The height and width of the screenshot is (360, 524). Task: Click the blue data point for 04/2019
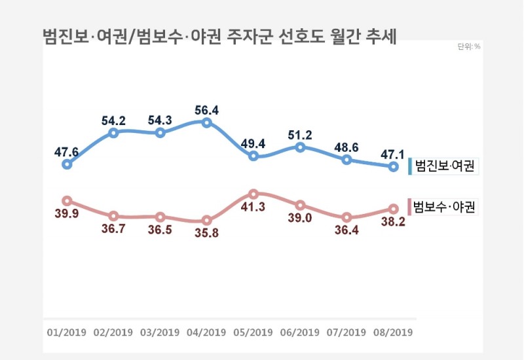[207, 122]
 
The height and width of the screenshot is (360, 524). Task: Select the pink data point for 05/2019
[253, 194]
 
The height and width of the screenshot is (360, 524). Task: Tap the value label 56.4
[207, 108]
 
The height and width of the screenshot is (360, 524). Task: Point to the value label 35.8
[207, 235]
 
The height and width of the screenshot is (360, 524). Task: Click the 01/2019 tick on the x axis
[67, 332]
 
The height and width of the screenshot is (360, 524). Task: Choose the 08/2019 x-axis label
[393, 332]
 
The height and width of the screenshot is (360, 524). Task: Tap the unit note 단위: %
[469, 46]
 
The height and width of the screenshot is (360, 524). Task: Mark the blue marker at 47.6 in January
[67, 164]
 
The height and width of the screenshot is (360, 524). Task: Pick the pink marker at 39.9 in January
[67, 201]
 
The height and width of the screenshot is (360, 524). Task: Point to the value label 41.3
[253, 208]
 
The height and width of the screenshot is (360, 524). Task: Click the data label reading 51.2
[300, 134]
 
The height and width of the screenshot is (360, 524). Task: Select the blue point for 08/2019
[393, 167]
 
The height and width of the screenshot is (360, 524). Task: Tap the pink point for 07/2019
[347, 217]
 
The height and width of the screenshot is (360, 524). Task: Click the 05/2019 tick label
[253, 332]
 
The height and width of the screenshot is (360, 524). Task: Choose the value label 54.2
[114, 120]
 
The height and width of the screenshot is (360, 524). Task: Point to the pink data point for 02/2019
[114, 216]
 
